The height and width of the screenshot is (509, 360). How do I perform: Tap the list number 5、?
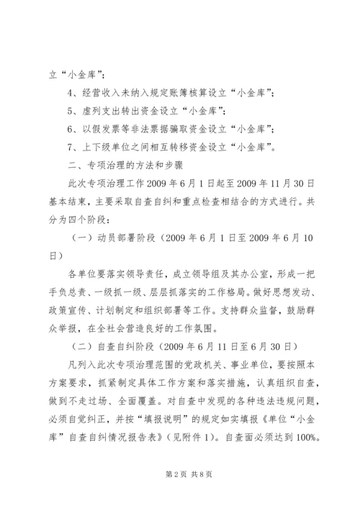click(x=71, y=110)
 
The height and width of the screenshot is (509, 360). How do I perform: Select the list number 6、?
click(x=71, y=128)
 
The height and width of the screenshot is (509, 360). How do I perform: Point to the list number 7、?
click(x=71, y=146)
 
